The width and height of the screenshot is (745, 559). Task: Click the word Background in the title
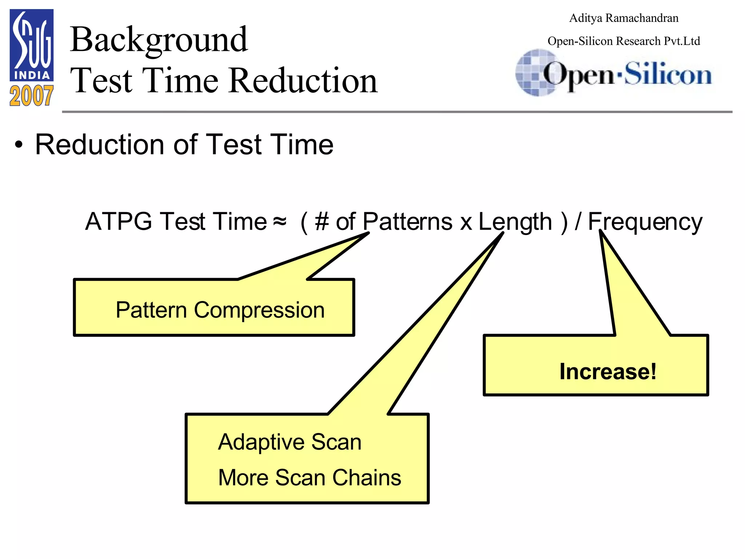[159, 40]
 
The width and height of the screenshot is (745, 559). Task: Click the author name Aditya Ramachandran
[624, 18]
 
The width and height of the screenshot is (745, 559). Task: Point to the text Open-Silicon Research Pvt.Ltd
[624, 41]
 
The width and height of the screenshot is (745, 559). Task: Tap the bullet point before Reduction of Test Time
[19, 145]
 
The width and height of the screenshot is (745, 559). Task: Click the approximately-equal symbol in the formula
[279, 221]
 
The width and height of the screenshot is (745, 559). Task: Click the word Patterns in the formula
[407, 222]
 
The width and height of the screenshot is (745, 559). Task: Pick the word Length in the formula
[515, 222]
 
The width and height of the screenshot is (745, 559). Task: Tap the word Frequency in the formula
[645, 222]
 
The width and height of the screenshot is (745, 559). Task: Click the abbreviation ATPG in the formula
[119, 222]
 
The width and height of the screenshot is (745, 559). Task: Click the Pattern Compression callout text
[220, 310]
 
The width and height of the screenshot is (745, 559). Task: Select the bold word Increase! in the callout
[608, 372]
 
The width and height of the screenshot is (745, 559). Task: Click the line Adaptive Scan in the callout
[290, 442]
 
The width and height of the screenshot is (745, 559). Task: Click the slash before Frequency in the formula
[578, 222]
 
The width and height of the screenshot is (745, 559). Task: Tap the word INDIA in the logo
[32, 76]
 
